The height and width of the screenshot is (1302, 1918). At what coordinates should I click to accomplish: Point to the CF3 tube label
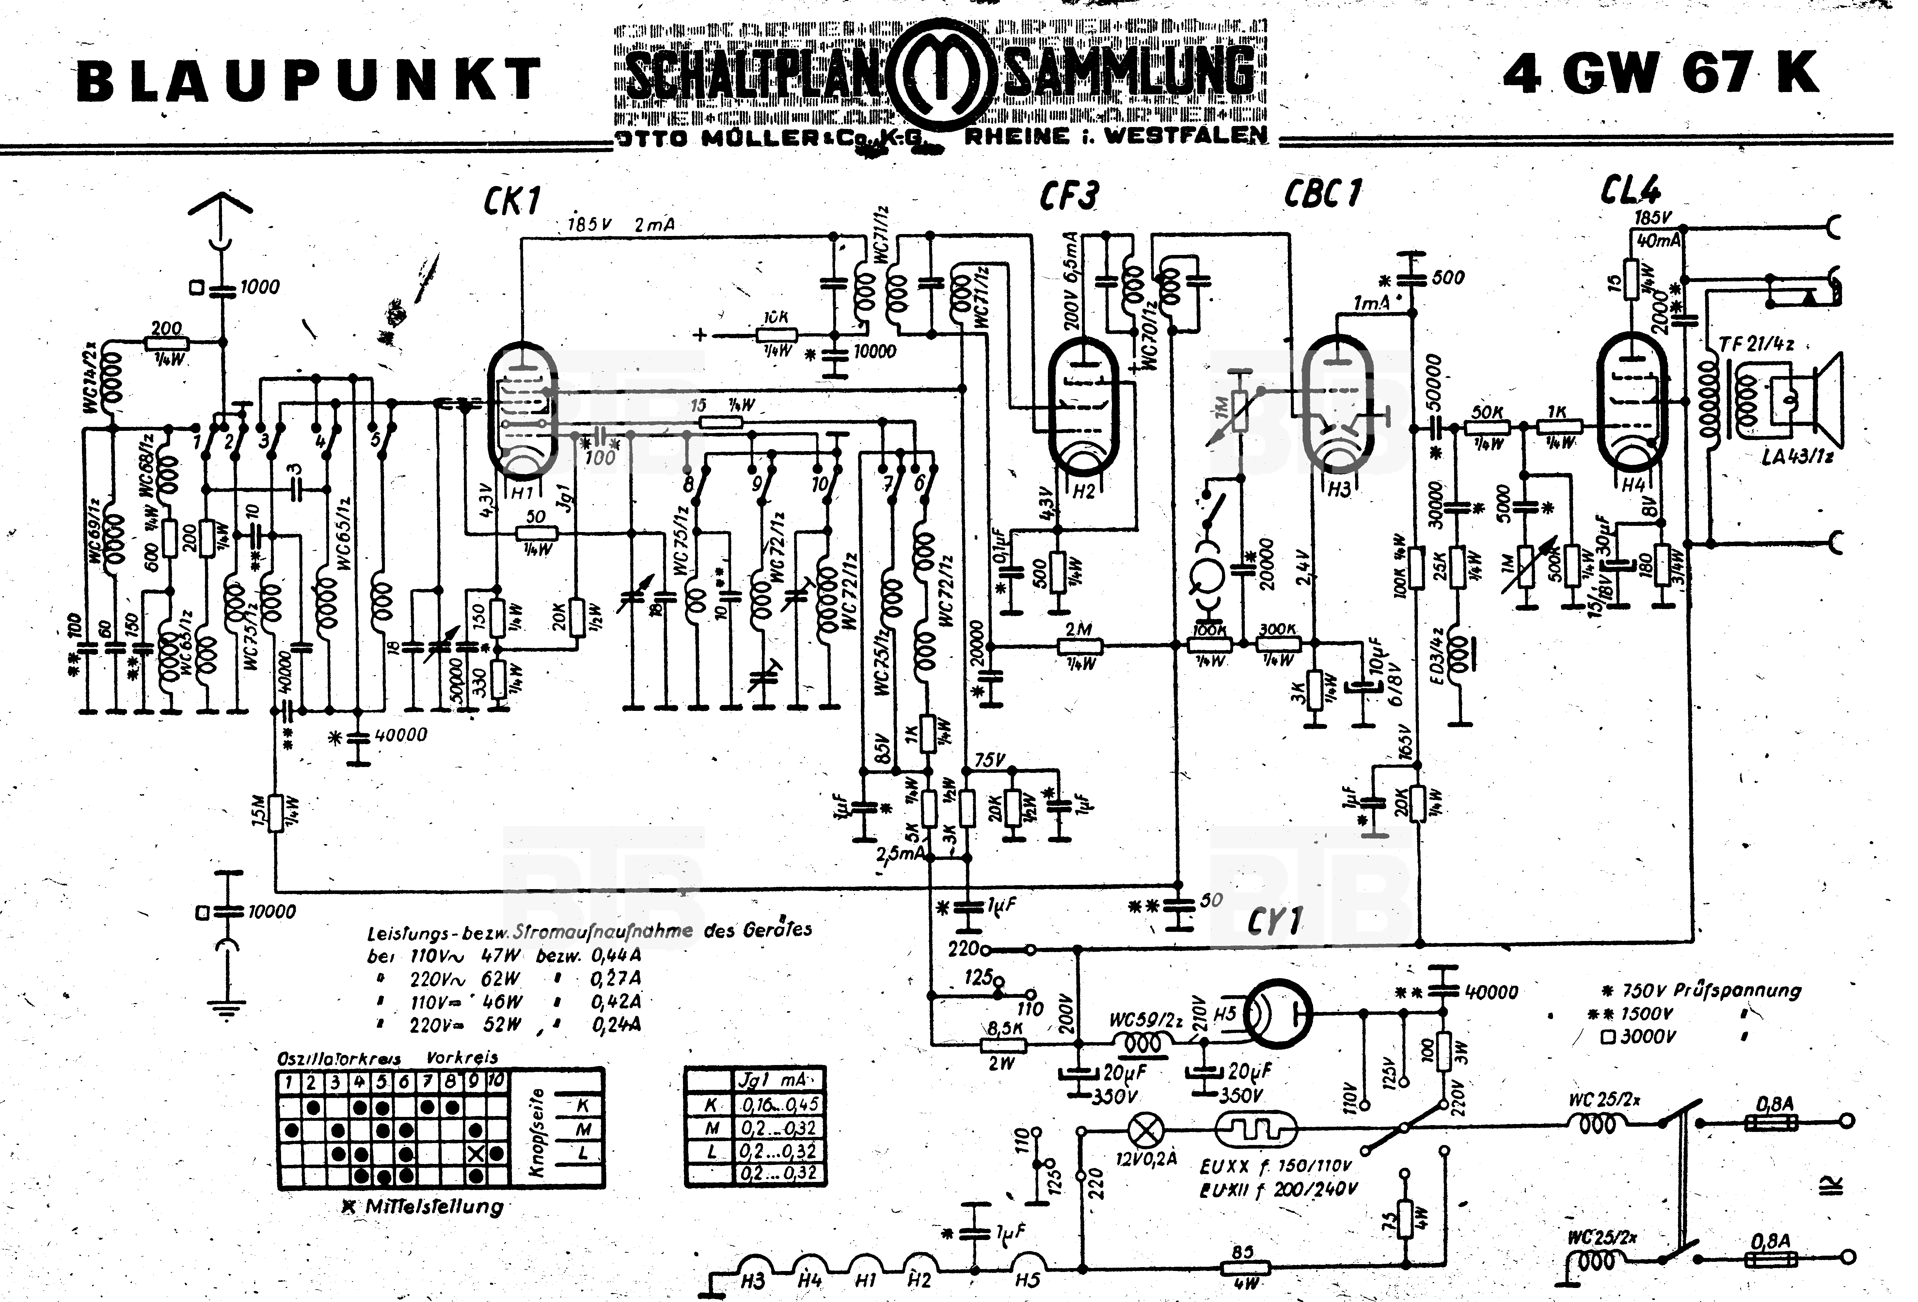(1069, 196)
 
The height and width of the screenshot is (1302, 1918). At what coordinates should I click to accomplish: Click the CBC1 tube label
(1322, 194)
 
